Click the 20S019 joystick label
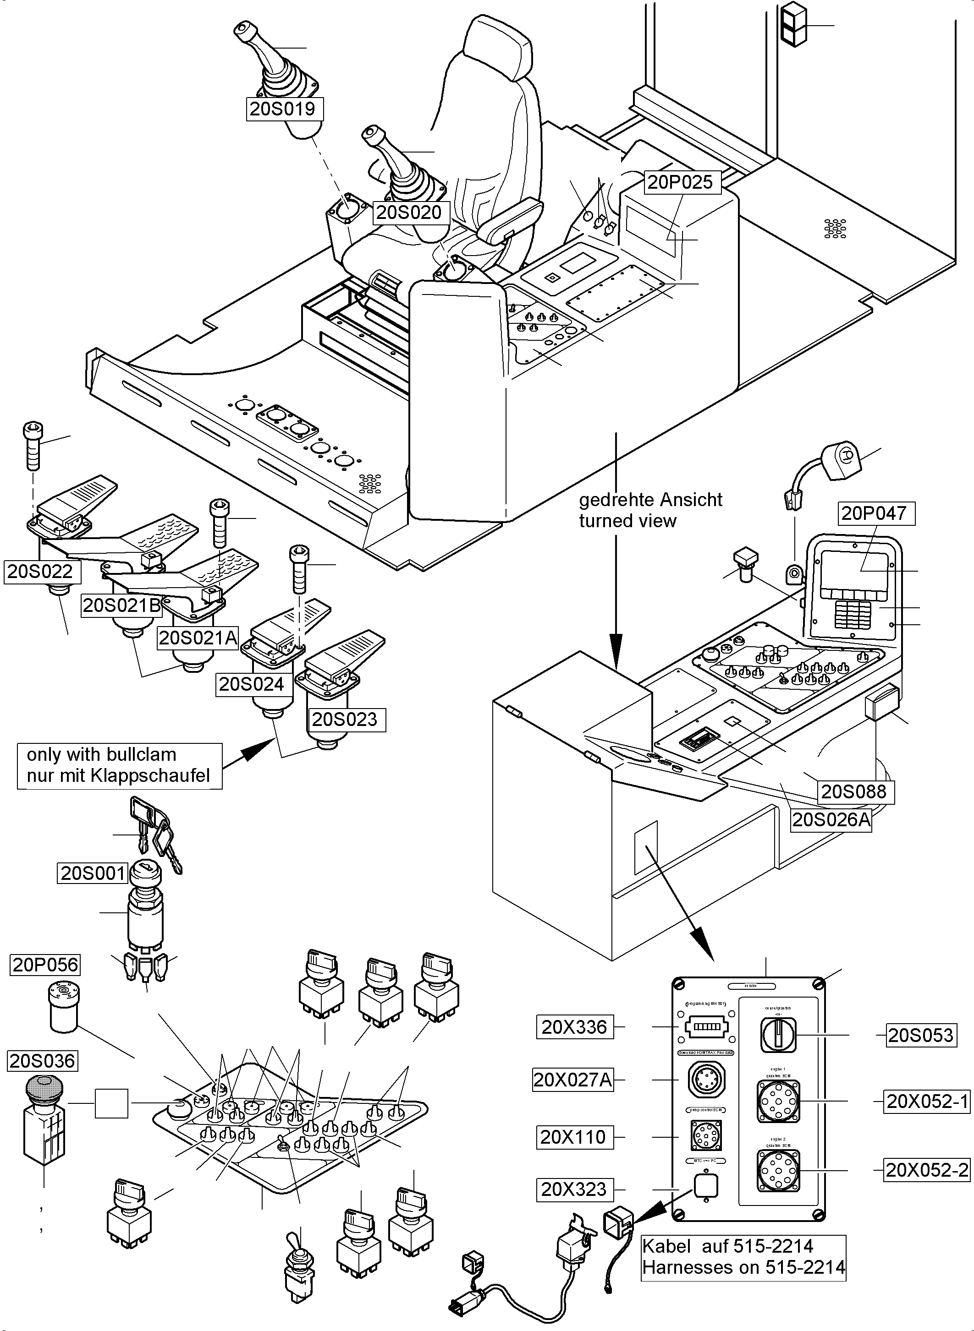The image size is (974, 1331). (x=285, y=109)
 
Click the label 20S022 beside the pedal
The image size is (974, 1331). (x=40, y=572)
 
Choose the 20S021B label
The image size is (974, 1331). (x=121, y=605)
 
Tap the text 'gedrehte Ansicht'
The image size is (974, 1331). (x=650, y=500)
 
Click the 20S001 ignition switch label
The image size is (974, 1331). (x=93, y=873)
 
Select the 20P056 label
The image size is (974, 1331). (x=45, y=965)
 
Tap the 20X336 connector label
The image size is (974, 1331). (x=574, y=1027)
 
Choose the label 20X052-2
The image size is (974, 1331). (x=927, y=1170)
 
